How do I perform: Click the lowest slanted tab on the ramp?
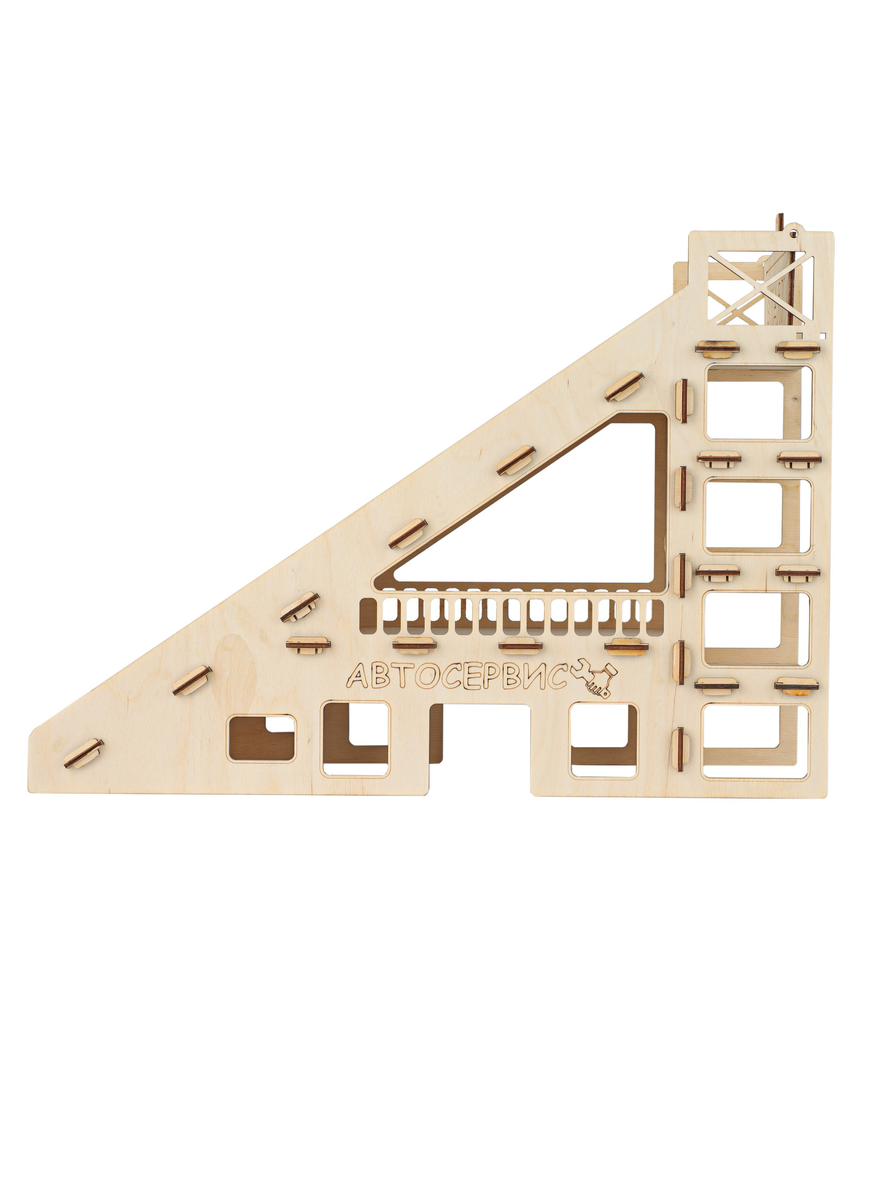(84, 753)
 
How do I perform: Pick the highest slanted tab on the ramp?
(624, 386)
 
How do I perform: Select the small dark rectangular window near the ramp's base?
(261, 738)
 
